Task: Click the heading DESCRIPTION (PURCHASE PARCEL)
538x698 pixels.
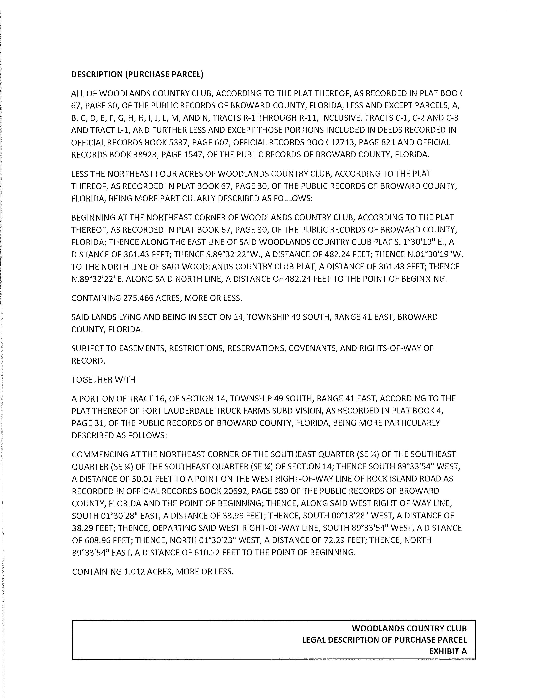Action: (x=137, y=74)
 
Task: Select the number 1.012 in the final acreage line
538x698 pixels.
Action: (x=134, y=571)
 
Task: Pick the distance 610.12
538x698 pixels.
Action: (x=207, y=553)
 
